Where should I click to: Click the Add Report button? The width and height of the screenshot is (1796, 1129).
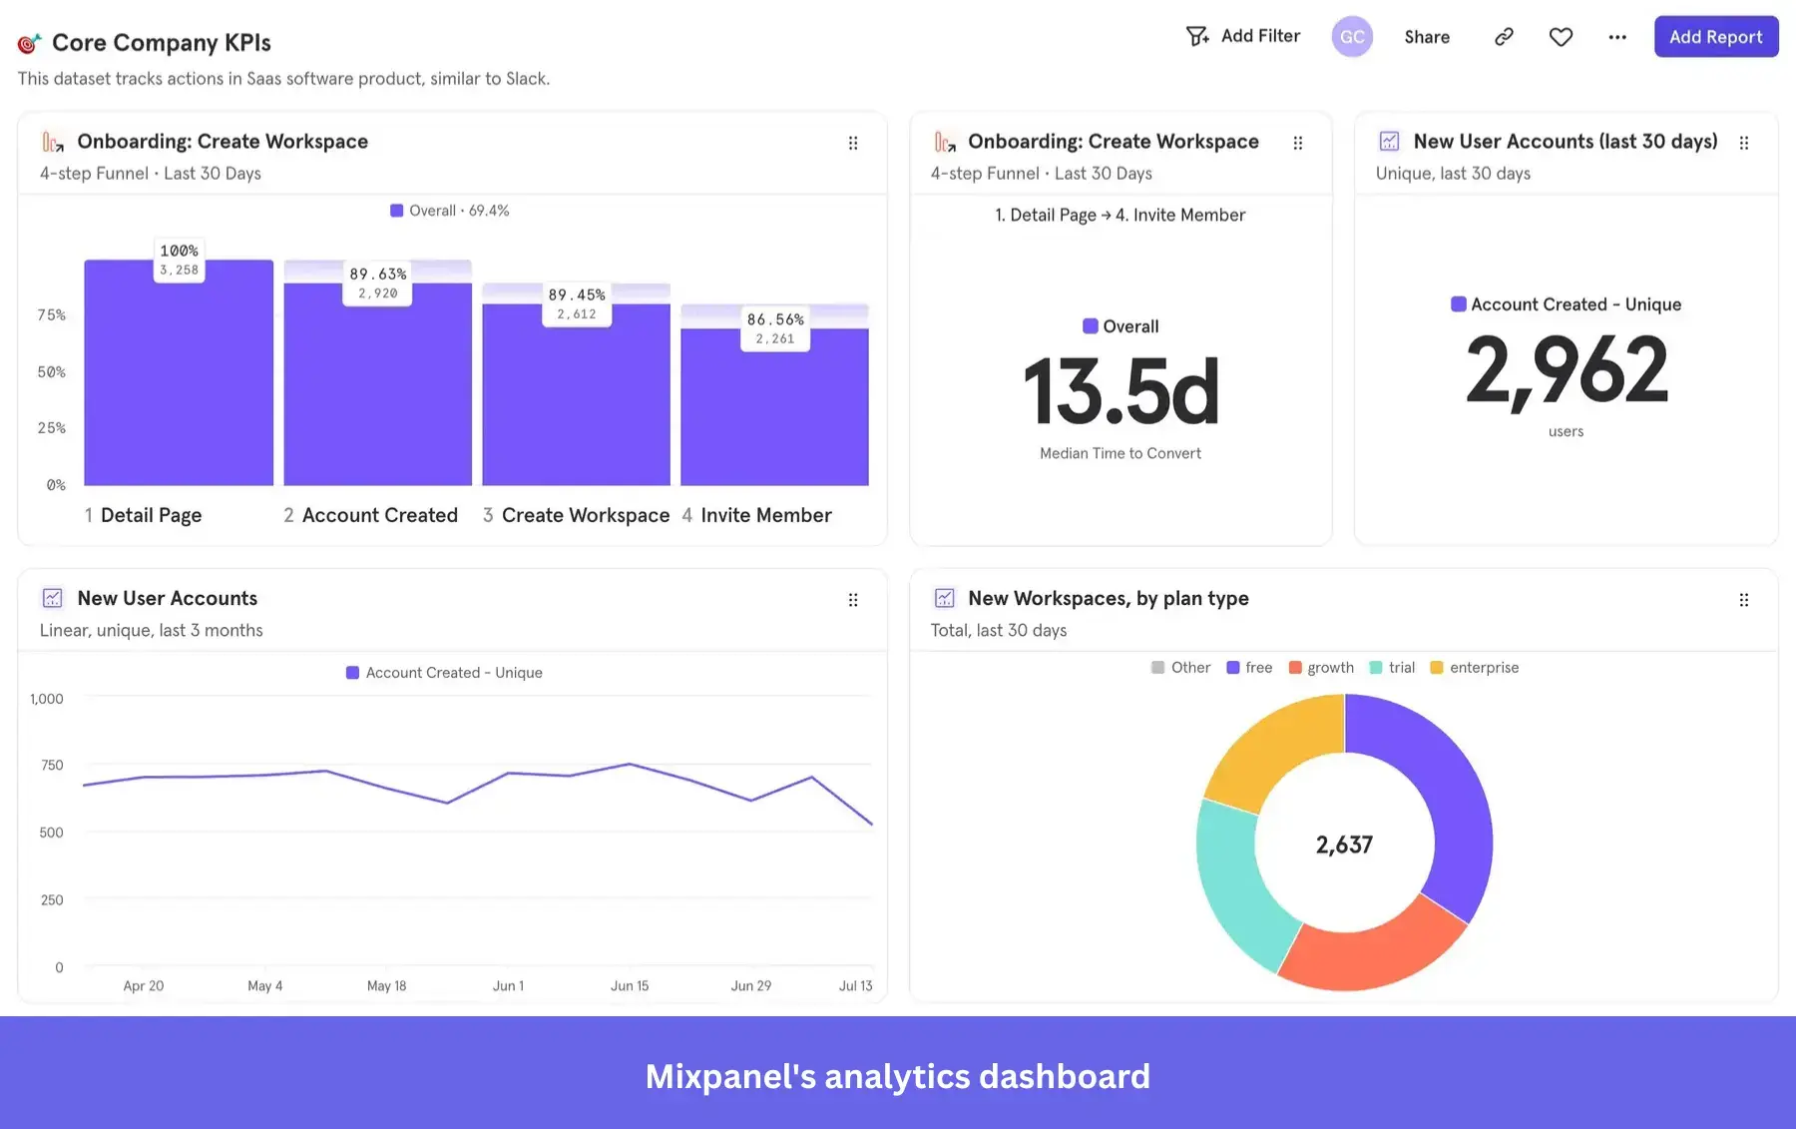(x=1715, y=37)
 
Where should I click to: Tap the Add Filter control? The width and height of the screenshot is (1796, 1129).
(x=1243, y=36)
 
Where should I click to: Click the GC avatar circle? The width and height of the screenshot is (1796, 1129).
(x=1352, y=37)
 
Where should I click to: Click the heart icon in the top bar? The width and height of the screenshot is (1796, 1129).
(x=1561, y=37)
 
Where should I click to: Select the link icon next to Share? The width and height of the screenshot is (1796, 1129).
(x=1504, y=37)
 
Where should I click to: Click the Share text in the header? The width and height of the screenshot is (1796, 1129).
(x=1427, y=37)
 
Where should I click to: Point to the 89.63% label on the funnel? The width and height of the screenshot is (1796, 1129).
(x=377, y=274)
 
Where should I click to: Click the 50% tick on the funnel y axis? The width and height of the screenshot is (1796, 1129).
(x=52, y=371)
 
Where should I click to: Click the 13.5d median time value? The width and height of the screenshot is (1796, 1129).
(x=1121, y=391)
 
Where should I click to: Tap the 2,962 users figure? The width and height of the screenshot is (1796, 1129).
(x=1566, y=370)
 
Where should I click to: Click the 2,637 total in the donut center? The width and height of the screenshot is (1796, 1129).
(x=1344, y=845)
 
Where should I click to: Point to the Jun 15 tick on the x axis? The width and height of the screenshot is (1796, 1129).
(x=630, y=985)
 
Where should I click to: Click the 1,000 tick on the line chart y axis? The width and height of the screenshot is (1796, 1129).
(x=47, y=699)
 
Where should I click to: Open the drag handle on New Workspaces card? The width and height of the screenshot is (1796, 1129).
(x=1743, y=600)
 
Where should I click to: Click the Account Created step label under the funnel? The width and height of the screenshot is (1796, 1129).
(x=379, y=515)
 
